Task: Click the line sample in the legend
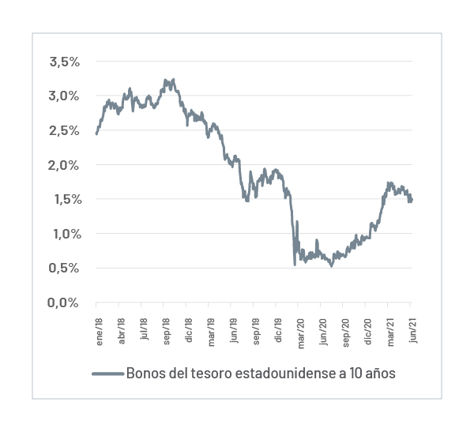[x=107, y=374]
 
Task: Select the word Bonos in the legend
[x=145, y=374]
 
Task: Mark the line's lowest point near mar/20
[x=295, y=264]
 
